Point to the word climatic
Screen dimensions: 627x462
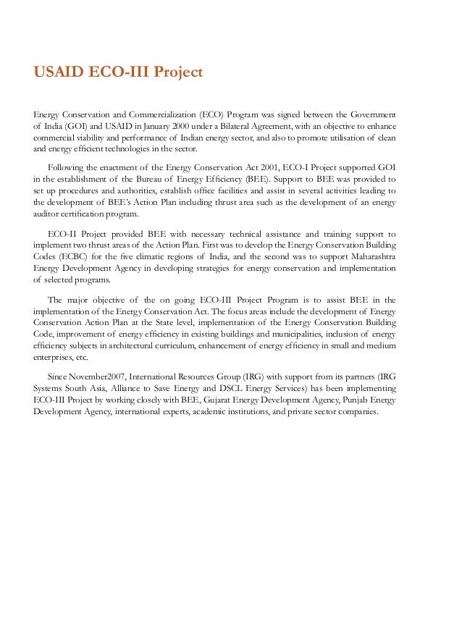click(162, 256)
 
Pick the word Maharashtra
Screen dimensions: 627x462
click(367, 256)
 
